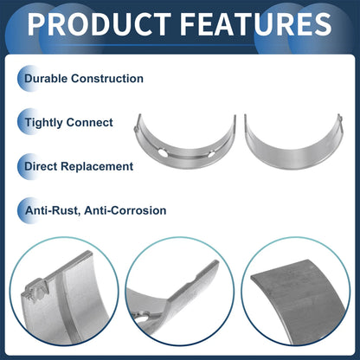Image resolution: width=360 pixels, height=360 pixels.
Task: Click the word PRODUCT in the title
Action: tap(100, 24)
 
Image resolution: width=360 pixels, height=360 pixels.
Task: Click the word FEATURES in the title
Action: tap(256, 24)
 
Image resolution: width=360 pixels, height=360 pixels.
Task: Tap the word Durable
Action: tap(46, 79)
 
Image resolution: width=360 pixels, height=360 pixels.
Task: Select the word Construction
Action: tap(107, 79)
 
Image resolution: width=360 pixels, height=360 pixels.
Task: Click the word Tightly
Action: tap(43, 123)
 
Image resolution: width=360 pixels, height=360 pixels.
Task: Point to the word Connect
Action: tap(90, 123)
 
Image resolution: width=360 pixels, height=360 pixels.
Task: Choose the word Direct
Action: tap(41, 166)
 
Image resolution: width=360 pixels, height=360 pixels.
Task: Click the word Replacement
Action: tap(97, 167)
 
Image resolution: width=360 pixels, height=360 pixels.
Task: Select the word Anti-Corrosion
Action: tap(125, 210)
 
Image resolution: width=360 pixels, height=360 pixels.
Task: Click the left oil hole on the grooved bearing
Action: tap(163, 153)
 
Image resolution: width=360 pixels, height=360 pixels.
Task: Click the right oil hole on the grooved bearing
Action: tap(211, 154)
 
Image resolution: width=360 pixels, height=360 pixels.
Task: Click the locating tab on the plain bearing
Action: tap(340, 118)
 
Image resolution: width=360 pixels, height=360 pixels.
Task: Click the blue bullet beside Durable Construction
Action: tap(28, 79)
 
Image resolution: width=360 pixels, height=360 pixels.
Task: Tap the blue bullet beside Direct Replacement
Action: tap(28, 166)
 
